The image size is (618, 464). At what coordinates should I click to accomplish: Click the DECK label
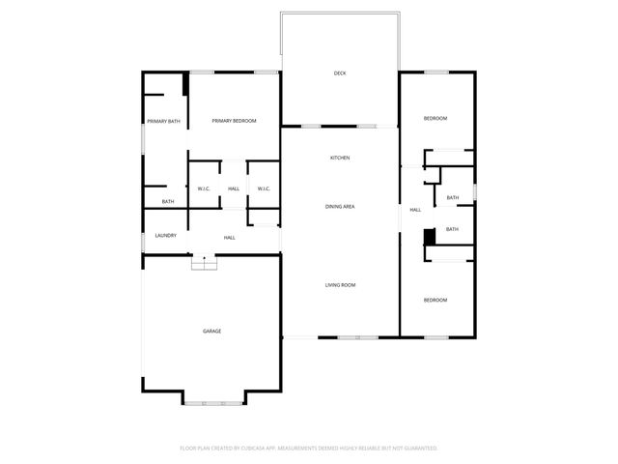pos(340,73)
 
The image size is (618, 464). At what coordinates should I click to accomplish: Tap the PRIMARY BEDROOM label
pos(234,120)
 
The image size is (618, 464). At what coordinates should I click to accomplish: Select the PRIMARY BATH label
pos(163,121)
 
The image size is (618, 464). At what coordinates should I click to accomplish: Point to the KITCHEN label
pos(340,158)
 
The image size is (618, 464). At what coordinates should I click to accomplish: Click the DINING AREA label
pos(340,207)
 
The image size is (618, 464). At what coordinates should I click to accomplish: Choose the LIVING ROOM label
pos(340,285)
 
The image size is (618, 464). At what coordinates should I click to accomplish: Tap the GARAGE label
pos(211,332)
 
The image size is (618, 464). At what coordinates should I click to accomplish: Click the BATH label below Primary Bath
pos(168,202)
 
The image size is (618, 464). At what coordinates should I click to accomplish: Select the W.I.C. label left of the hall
pos(204,188)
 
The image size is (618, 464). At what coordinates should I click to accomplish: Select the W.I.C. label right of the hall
pos(263,188)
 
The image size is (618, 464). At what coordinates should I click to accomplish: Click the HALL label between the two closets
pos(234,188)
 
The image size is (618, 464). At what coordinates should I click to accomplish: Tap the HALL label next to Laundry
pos(230,238)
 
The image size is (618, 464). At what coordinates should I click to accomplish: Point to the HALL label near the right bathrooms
pos(415,210)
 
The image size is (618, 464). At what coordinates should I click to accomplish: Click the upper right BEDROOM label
pos(435,118)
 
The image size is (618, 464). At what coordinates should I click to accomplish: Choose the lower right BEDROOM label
pos(435,300)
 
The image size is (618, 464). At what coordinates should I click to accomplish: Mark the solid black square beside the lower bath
pos(430,235)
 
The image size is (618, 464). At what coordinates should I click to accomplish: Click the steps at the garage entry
pos(204,263)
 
